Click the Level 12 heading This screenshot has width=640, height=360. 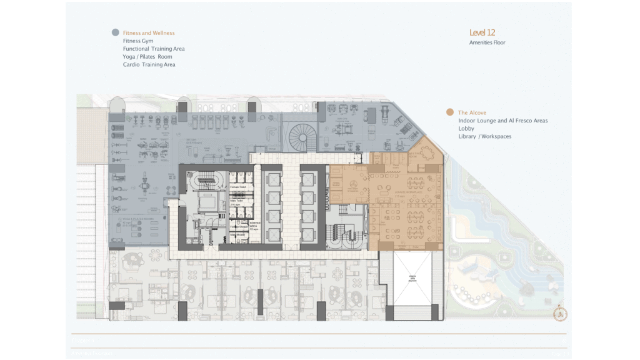[x=482, y=32]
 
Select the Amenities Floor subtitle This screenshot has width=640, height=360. [x=487, y=42]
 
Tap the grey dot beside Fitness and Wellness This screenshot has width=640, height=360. [x=115, y=32]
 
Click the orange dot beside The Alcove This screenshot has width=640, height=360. [x=449, y=112]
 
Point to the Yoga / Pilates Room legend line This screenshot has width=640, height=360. [x=147, y=57]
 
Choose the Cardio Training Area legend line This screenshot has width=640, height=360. [x=149, y=65]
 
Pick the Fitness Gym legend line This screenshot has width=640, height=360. [x=138, y=41]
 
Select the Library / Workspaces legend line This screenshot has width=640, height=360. [x=485, y=136]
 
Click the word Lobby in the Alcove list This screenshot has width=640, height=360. [x=466, y=128]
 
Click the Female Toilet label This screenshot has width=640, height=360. [x=237, y=186]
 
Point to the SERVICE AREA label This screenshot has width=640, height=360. [x=256, y=223]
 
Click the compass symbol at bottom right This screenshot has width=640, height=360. [x=561, y=314]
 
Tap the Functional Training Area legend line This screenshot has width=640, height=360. [x=154, y=49]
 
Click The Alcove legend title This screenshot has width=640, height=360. [x=472, y=112]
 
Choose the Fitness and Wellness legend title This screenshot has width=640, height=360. [x=149, y=32]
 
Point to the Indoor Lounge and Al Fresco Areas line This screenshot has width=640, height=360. [x=502, y=121]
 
